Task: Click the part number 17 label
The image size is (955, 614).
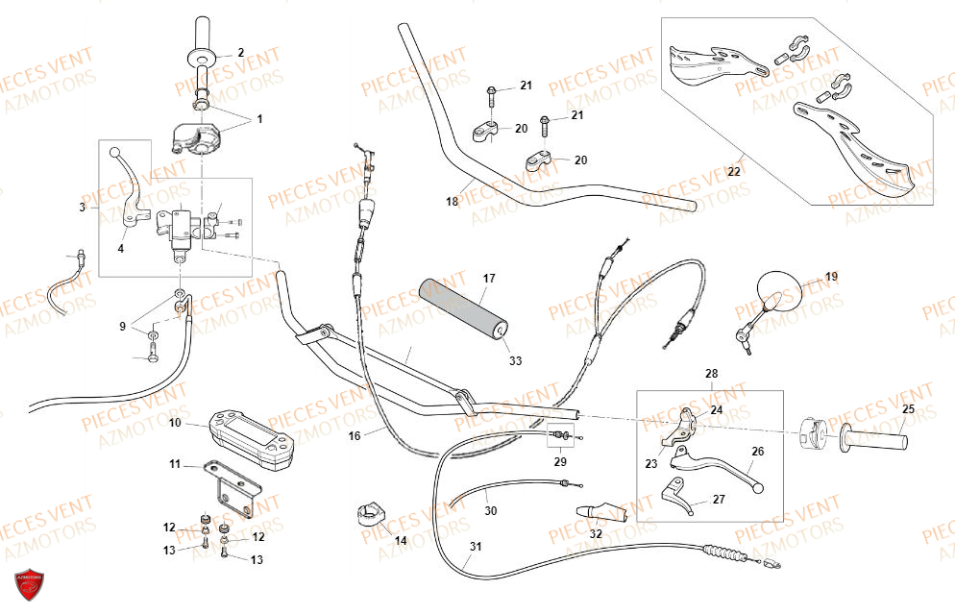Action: pyautogui.click(x=489, y=279)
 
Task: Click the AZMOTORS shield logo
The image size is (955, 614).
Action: pyautogui.click(x=29, y=585)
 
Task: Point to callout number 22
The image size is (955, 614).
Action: pyautogui.click(x=735, y=172)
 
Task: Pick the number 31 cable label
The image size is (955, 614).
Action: pyautogui.click(x=476, y=547)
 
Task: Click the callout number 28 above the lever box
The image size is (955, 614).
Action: pyautogui.click(x=711, y=374)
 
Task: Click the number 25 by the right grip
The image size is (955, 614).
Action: pyautogui.click(x=908, y=408)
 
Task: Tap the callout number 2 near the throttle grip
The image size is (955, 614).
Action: pyautogui.click(x=240, y=53)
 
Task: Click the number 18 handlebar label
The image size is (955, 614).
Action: pyautogui.click(x=452, y=201)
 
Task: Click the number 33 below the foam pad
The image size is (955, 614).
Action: pyautogui.click(x=515, y=360)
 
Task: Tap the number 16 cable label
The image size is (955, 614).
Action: pyautogui.click(x=355, y=435)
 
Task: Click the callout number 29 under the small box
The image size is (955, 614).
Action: pyautogui.click(x=560, y=462)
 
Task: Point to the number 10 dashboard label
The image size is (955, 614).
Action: pyautogui.click(x=175, y=422)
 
